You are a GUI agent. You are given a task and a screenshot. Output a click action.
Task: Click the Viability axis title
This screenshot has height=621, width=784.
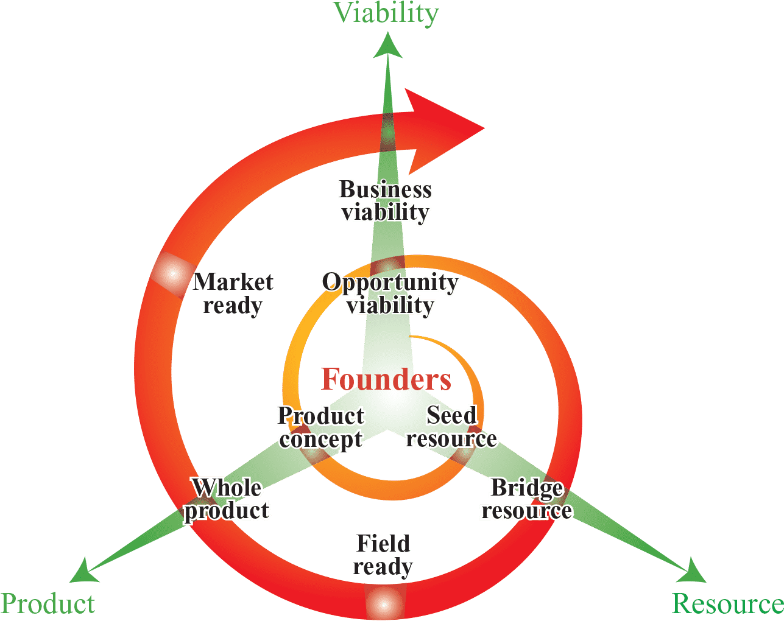coord(386,13)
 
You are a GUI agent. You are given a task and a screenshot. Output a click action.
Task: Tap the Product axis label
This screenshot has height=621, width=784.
coord(48,603)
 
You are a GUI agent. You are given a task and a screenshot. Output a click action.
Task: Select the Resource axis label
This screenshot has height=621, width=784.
coord(727,603)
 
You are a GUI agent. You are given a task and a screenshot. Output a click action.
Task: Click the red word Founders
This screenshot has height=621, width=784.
coord(386,379)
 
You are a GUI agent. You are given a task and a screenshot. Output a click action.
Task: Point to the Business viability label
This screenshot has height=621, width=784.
coord(385,201)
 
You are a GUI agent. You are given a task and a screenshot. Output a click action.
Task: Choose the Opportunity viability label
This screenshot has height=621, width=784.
coord(390,294)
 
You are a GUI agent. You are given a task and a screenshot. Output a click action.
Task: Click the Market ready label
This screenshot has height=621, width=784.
coord(233,293)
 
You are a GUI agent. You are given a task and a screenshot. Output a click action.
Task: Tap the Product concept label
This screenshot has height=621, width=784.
coord(320,427)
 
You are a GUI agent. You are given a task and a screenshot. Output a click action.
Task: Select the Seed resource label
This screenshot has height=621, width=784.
coord(451,427)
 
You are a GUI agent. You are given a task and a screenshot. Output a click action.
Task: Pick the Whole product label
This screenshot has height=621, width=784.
coord(227,499)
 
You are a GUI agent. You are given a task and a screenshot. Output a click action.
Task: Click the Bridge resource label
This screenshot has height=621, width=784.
coord(526,499)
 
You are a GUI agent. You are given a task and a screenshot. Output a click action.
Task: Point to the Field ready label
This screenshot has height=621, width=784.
coord(383,555)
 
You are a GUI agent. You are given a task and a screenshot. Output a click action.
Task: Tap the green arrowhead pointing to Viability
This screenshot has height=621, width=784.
coord(387,47)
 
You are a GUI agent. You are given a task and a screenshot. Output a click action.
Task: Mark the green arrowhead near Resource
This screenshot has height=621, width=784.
coord(693,571)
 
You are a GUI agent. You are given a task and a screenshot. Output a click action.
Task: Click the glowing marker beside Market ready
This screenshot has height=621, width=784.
coord(171,275)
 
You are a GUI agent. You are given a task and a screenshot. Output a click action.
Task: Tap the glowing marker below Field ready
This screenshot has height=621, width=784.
coord(384,603)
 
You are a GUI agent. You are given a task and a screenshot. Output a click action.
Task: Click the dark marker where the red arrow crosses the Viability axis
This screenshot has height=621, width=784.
coord(388,137)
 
